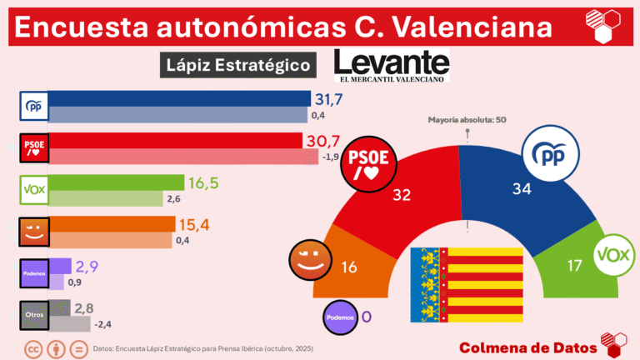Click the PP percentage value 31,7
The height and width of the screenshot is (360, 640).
pos(329,100)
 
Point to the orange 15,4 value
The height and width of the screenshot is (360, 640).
pos(194,224)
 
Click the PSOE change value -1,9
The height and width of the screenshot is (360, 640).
pos(332,157)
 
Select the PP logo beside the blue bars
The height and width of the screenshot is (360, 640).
pos(34,107)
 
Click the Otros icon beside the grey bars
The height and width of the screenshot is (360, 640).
pos(34,314)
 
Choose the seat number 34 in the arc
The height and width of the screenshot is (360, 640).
pos(522,189)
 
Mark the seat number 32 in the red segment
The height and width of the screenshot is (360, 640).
pos(402,194)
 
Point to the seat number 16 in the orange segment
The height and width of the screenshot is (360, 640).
pos(350,267)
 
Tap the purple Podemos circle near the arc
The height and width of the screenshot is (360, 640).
pos(342,317)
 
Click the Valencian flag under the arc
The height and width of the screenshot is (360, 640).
pos(466,285)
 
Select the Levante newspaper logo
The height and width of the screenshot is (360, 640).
pos(390,65)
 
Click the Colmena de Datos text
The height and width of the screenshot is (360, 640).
pos(527,347)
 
